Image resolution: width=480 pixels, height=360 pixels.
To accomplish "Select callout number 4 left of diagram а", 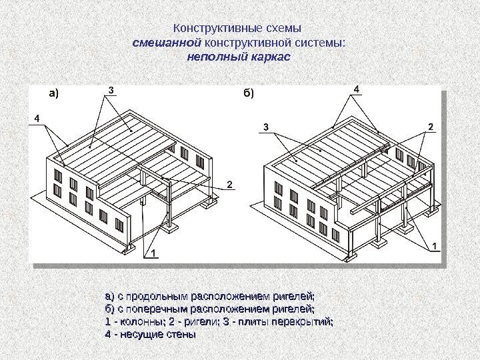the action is click(x=37, y=118).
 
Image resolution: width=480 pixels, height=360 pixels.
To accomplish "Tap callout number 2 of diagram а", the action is click(x=230, y=183).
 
